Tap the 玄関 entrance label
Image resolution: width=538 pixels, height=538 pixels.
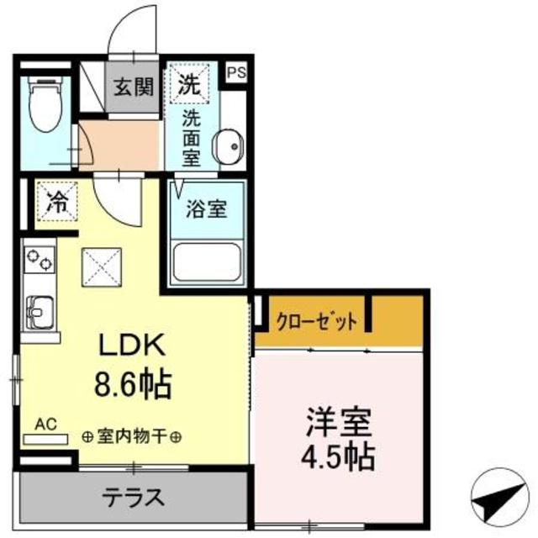point(132,86)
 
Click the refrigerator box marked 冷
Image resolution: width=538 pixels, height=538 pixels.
point(56,201)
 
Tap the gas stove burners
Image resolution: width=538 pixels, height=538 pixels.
point(38,260)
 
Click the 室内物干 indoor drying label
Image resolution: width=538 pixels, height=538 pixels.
point(132,437)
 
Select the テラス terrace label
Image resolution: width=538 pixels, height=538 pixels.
point(132,497)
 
